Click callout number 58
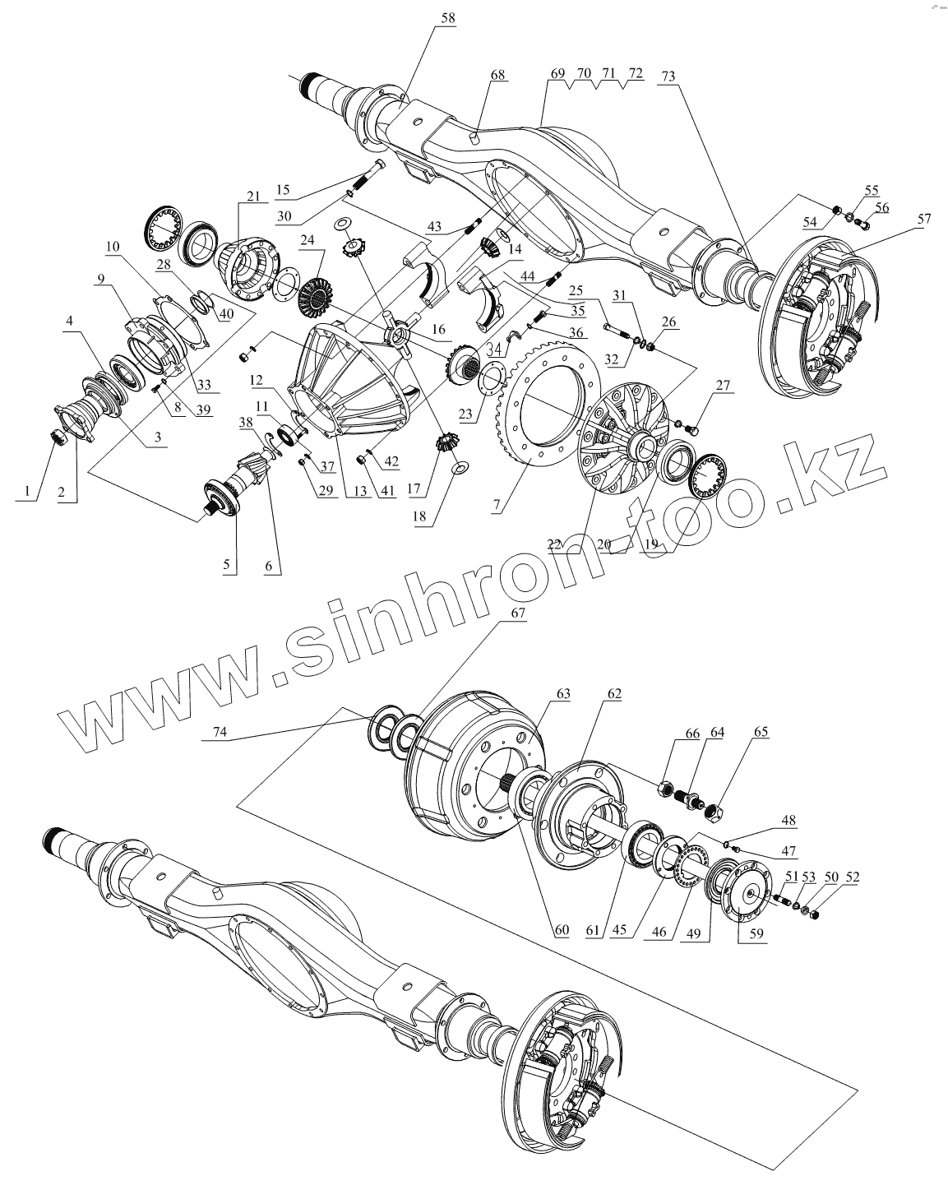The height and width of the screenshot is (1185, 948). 447,17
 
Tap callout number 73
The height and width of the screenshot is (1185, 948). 667,75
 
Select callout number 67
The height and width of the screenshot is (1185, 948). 518,613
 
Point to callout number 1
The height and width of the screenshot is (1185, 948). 30,493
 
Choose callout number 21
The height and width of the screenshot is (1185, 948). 252,197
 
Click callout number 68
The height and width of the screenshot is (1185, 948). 497,75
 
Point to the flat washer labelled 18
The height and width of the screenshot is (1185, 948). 460,468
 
